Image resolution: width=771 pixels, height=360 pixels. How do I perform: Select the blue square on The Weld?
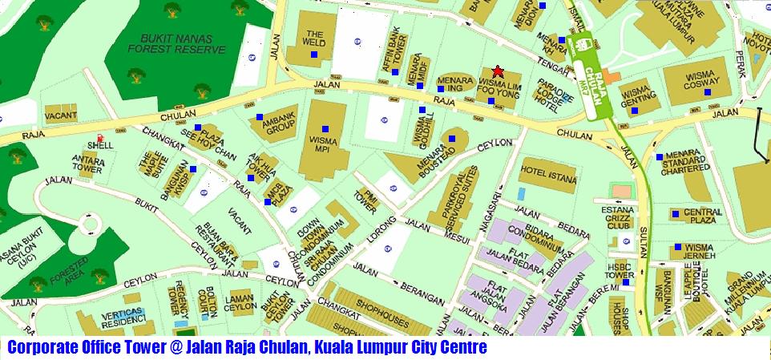coord(315,55)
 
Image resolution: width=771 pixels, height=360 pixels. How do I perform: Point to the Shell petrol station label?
coord(100,145)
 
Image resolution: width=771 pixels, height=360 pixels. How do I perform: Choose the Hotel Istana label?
coord(549,170)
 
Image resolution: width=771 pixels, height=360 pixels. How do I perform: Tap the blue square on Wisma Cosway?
coord(707,93)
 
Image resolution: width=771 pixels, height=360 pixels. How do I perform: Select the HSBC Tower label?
coord(620,270)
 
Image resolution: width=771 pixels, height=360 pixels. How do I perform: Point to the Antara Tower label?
coord(88,164)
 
